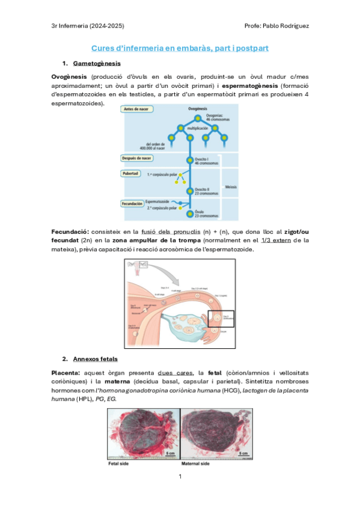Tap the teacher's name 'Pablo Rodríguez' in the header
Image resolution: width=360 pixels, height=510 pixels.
pyautogui.click(x=288, y=26)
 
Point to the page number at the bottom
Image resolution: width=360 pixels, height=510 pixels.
pyautogui.click(x=180, y=477)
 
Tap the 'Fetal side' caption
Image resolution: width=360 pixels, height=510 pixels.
pyautogui.click(x=118, y=464)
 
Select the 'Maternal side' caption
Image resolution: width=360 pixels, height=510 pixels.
pyautogui.click(x=198, y=464)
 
